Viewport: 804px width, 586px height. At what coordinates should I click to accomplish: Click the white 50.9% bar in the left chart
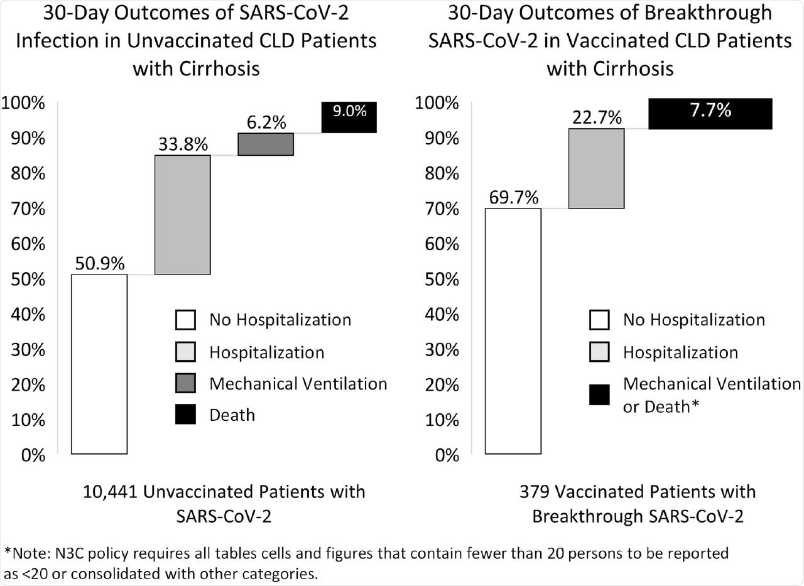[99, 364]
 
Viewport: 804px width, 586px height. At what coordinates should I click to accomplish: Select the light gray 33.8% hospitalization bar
[182, 214]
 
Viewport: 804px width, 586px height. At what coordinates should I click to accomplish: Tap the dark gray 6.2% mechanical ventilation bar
[266, 144]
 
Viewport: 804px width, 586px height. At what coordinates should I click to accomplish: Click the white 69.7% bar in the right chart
[513, 330]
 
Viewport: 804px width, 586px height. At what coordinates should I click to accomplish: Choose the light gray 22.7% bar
[596, 168]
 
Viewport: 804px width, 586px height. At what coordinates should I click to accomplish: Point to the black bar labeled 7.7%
[710, 114]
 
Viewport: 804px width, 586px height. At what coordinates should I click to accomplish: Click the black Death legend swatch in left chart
[186, 414]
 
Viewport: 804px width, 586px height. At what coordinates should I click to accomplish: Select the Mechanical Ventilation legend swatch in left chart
[186, 383]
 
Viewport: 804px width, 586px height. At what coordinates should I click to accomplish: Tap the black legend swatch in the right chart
[600, 395]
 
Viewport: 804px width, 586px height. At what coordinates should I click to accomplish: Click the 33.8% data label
[182, 144]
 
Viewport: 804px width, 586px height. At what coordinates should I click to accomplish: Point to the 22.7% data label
[596, 117]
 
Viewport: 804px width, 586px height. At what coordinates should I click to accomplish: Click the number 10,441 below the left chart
[111, 491]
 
